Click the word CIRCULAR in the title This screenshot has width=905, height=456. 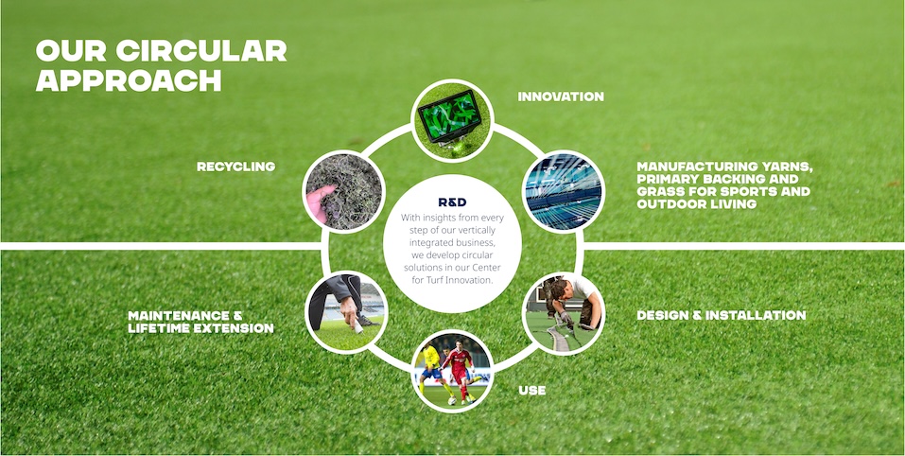[x=201, y=51]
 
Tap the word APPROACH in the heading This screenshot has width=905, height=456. [x=129, y=80]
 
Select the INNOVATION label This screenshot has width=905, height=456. [x=561, y=97]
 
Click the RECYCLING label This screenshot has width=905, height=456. [x=236, y=167]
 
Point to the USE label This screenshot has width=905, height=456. [x=532, y=391]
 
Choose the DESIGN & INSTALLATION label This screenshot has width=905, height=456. [x=722, y=315]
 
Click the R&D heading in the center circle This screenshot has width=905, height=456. [x=452, y=202]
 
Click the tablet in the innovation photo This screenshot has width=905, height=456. [x=449, y=115]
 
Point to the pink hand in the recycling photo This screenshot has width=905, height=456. [x=320, y=202]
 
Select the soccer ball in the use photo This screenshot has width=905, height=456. [x=452, y=400]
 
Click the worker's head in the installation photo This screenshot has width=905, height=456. [x=559, y=290]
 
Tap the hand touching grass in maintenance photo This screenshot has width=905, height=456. [x=351, y=315]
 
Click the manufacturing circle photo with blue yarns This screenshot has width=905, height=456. [x=564, y=192]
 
